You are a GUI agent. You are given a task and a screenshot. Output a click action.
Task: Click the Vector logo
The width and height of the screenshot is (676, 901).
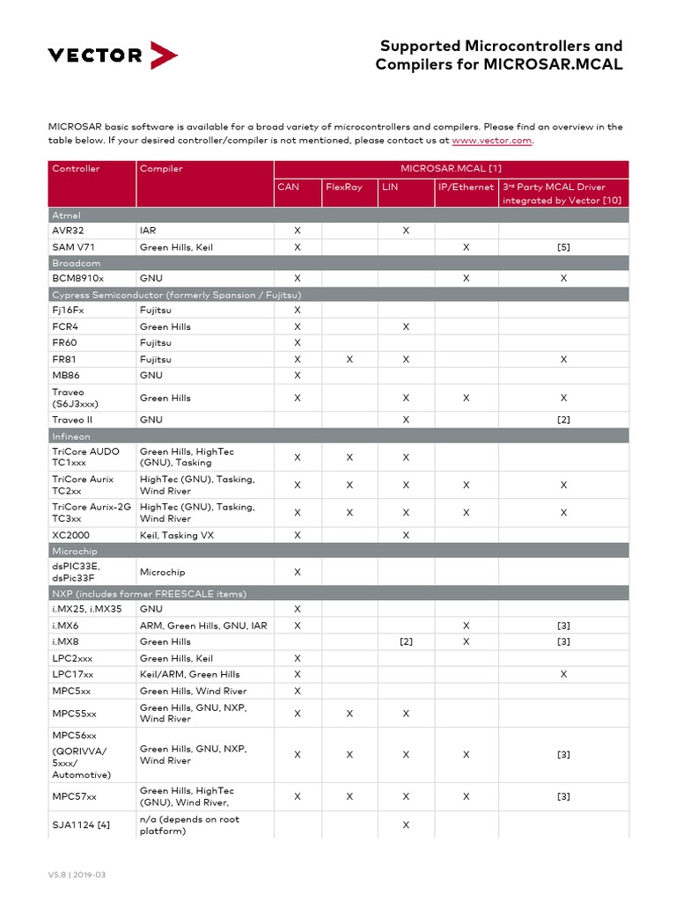pyautogui.click(x=112, y=55)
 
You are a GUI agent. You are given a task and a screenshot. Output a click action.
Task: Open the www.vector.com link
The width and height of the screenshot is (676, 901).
pyautogui.click(x=491, y=140)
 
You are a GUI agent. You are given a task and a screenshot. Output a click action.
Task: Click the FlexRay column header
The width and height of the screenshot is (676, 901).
pyautogui.click(x=344, y=187)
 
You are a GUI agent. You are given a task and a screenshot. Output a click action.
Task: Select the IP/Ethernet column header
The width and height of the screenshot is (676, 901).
pyautogui.click(x=466, y=187)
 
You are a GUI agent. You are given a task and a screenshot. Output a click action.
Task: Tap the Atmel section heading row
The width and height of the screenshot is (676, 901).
pyautogui.click(x=67, y=215)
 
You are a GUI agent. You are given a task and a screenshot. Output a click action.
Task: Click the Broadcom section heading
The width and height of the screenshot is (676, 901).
pyautogui.click(x=77, y=263)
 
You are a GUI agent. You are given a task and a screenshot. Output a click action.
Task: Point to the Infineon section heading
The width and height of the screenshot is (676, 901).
pyautogui.click(x=71, y=436)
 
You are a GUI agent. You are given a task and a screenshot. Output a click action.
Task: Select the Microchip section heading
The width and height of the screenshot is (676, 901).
pyautogui.click(x=75, y=550)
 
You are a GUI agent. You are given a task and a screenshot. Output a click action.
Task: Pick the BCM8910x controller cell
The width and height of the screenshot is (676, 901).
pyautogui.click(x=77, y=278)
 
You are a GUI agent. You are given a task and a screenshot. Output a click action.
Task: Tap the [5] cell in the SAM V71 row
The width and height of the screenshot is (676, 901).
pyautogui.click(x=563, y=247)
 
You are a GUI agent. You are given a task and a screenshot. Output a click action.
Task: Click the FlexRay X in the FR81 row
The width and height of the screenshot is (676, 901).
pyautogui.click(x=349, y=359)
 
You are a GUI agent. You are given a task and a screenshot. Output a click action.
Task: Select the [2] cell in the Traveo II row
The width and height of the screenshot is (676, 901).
pyautogui.click(x=563, y=420)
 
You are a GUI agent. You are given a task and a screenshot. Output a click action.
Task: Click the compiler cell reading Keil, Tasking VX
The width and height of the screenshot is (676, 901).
pyautogui.click(x=176, y=535)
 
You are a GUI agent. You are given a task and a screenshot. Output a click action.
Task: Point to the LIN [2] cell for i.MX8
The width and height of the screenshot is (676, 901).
pyautogui.click(x=406, y=642)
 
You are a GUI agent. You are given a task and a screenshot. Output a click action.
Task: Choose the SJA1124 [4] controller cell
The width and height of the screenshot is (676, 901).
pyautogui.click(x=81, y=824)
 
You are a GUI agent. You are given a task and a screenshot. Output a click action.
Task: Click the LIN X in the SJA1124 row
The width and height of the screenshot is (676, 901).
pyautogui.click(x=406, y=824)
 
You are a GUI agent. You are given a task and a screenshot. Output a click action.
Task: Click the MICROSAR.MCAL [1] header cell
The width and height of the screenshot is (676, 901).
pyautogui.click(x=451, y=169)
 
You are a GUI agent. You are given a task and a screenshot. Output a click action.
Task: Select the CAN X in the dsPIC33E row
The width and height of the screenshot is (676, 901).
pyautogui.click(x=297, y=572)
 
